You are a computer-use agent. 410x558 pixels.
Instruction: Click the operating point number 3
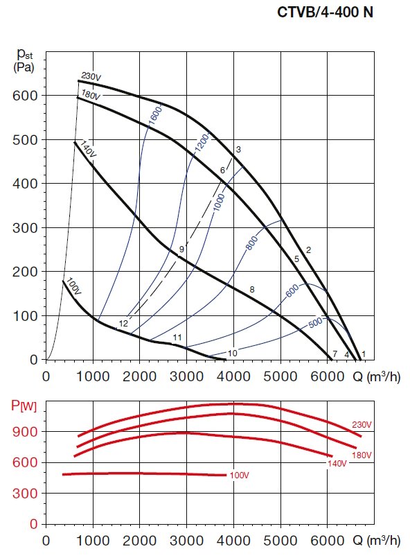click(x=238, y=150)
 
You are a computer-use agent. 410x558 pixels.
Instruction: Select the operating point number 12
click(x=123, y=324)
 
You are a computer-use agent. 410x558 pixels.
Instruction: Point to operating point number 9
click(x=181, y=249)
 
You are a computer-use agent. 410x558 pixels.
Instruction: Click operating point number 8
click(x=252, y=289)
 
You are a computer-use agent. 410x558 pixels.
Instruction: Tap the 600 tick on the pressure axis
click(x=24, y=95)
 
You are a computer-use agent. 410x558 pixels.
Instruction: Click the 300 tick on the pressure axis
click(x=24, y=228)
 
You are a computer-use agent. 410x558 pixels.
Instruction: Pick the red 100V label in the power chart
click(x=239, y=476)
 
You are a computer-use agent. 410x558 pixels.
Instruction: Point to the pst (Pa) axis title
click(x=25, y=59)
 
